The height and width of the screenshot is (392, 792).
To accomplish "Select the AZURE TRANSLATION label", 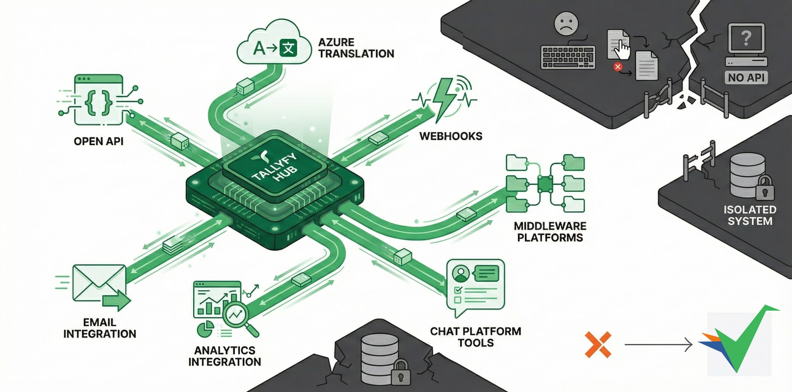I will click(356, 48).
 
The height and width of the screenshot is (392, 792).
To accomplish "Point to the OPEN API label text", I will click(98, 141).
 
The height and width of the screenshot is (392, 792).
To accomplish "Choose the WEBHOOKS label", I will click(451, 136).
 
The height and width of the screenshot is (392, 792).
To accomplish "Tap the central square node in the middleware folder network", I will click(545, 184).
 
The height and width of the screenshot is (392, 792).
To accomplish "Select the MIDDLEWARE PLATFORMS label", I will click(550, 232).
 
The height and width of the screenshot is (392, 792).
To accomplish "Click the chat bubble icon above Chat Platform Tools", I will click(475, 286).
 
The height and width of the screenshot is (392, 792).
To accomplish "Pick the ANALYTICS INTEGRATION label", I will click(225, 356).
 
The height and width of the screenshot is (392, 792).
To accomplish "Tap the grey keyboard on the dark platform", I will click(568, 57).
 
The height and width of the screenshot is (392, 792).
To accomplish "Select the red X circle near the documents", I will click(617, 67).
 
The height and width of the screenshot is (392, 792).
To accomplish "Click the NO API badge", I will click(746, 78).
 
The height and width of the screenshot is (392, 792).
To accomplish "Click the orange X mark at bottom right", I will click(598, 345).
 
